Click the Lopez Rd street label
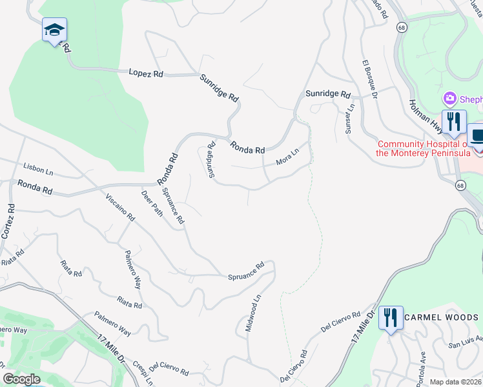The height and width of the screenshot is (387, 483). click(145, 74)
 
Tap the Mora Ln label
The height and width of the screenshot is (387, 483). click(288, 155)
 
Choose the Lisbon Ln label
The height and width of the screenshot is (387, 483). click(37, 169)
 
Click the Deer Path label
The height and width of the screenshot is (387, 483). click(152, 203)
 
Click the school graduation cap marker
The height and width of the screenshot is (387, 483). click(55, 30)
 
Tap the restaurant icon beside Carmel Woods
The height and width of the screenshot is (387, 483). click(391, 317)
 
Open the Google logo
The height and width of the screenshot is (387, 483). click(21, 379)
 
